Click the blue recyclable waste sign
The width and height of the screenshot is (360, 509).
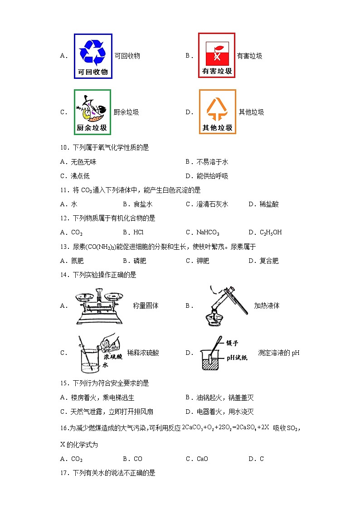93,56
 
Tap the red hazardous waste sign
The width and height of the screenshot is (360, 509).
217,55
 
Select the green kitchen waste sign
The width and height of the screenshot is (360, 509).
92,112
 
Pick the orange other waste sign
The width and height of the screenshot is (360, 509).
217,112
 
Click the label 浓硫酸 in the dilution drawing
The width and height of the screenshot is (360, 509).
113,357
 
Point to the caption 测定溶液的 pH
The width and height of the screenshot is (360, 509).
278,353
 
